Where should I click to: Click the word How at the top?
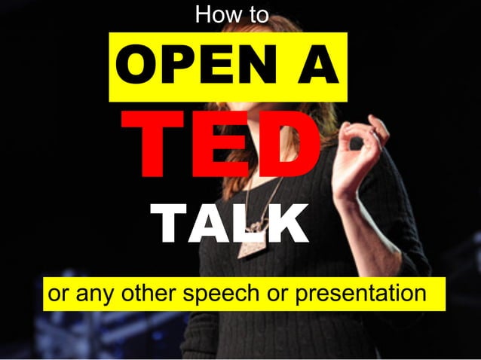[x=212, y=14]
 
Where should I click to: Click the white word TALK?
[x=229, y=224]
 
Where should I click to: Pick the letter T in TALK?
[x=167, y=224]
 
